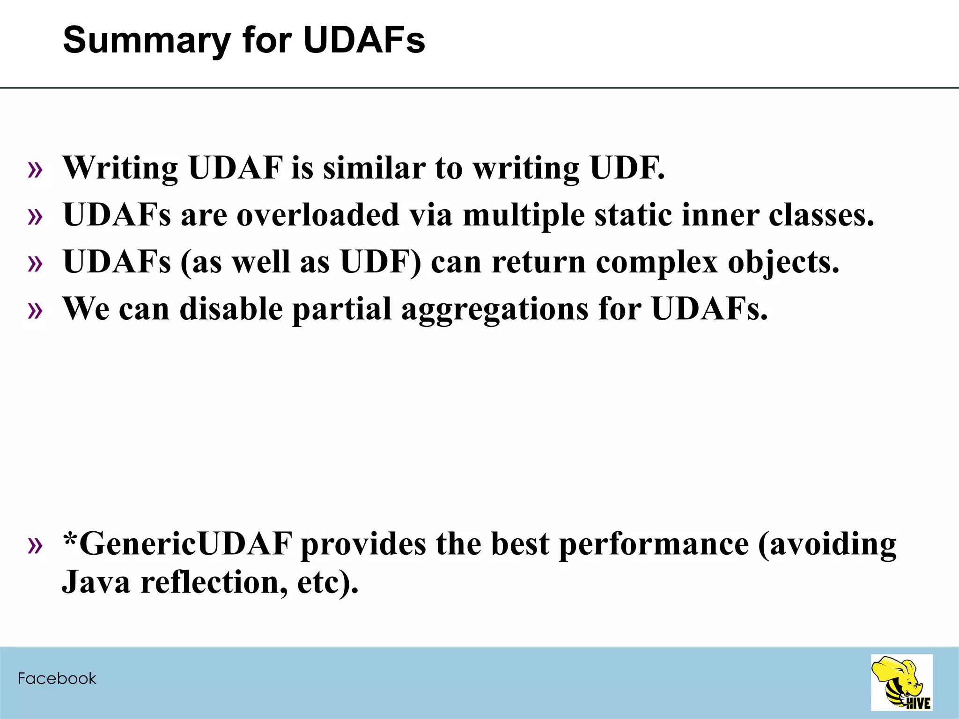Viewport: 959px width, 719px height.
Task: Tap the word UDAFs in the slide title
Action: tap(364, 40)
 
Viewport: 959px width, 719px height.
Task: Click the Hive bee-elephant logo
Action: tap(901, 682)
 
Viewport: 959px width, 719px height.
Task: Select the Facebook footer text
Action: tap(57, 678)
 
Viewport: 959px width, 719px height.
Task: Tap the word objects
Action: tap(783, 263)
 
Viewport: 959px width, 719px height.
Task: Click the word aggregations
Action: tap(494, 310)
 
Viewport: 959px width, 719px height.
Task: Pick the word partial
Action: tap(341, 310)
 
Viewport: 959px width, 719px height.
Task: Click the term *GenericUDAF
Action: tap(177, 544)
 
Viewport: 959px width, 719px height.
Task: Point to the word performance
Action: tap(654, 544)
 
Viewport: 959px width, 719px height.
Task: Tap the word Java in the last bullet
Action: tap(96, 582)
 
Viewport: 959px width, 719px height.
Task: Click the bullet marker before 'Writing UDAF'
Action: tap(35, 169)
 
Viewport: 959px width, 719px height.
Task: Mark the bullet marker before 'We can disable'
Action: tap(35, 310)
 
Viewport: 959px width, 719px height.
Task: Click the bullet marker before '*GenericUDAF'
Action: tap(35, 545)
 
